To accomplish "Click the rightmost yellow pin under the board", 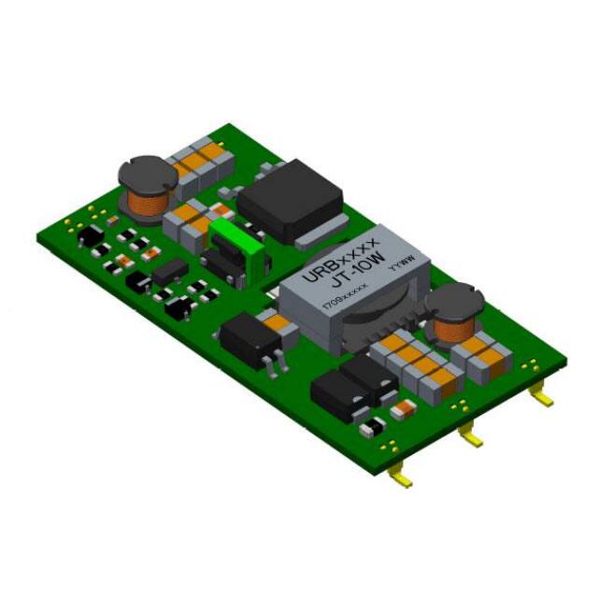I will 541,398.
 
